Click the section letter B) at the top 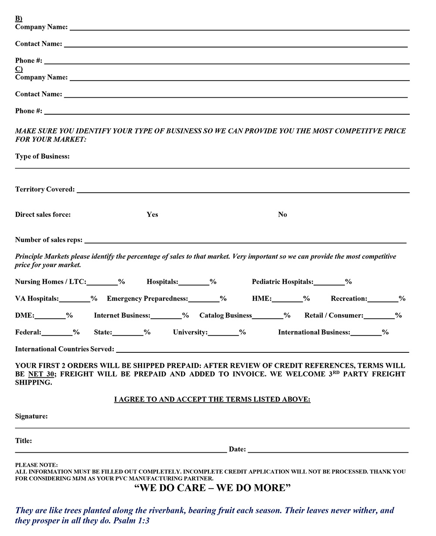pos(18,18)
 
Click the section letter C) pos(19,69)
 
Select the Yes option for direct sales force pos(152,215)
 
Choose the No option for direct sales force pos(283,215)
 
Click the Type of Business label pos(42,157)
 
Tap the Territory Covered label pos(45,190)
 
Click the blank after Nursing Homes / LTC pos(102,283)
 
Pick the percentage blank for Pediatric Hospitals pos(329,283)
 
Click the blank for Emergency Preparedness pos(204,299)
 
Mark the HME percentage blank pos(287,299)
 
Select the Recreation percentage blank pos(383,299)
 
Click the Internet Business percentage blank pos(166,316)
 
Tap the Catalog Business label pos(225,315)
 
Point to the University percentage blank pos(223,333)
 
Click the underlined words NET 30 pos(41,374)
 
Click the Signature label pos(31,417)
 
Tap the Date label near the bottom pos(237,449)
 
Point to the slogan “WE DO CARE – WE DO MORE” pos(212,488)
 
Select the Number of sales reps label pos(48,240)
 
